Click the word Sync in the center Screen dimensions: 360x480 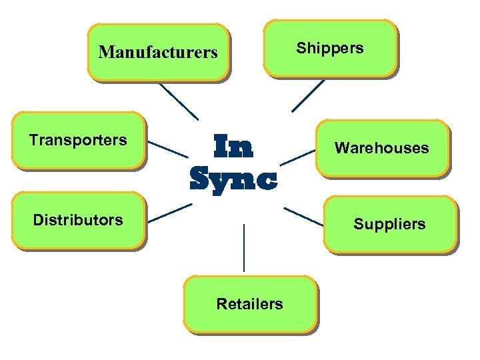coord(233,178)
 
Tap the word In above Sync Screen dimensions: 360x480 coord(233,147)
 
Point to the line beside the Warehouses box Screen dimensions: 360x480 coord(297,157)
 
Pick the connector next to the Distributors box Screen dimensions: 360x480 coord(169,213)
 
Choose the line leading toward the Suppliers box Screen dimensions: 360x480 coord(303,216)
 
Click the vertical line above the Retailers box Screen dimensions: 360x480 coord(244,247)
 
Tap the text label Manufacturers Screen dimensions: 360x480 coord(158,52)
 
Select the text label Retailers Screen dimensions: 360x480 coord(250,305)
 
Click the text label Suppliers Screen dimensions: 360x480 coord(389,224)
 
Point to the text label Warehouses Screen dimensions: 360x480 coord(382,148)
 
